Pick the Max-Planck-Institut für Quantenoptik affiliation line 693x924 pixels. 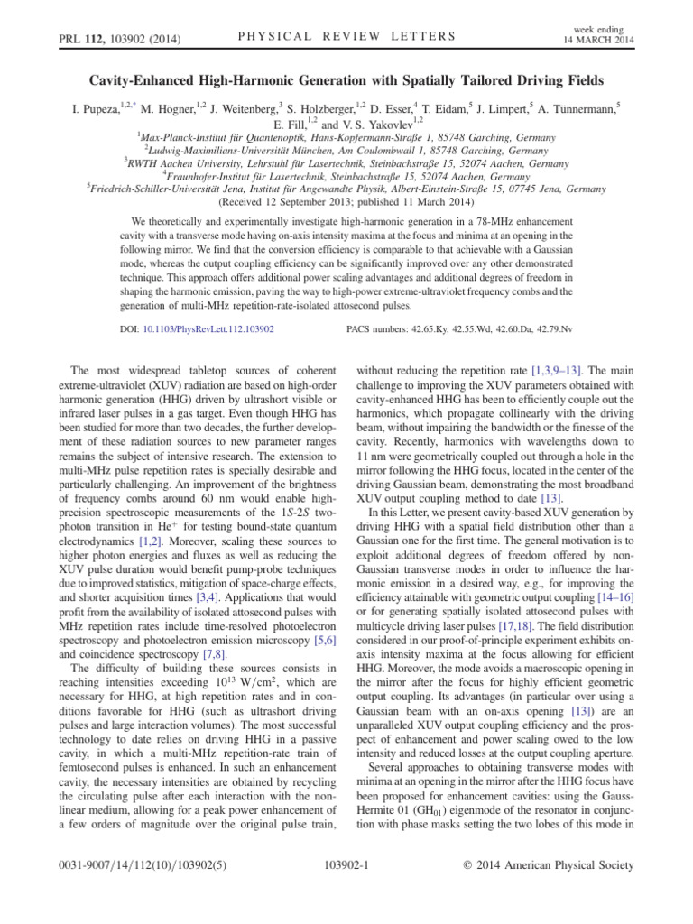tap(346, 138)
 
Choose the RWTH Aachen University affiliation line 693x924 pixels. tap(346, 164)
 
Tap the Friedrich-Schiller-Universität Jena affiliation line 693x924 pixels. tap(346, 189)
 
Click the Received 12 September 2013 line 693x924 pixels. tap(346, 203)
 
